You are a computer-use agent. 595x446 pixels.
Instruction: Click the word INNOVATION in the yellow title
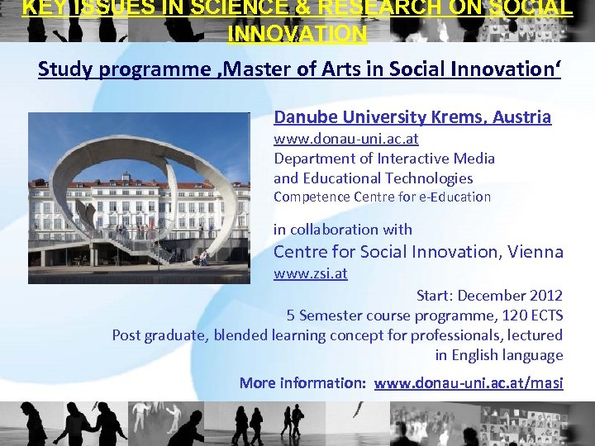[x=297, y=35]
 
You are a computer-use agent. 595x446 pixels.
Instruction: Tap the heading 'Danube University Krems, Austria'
[x=412, y=117]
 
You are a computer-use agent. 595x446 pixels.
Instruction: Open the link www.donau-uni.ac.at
[x=345, y=138]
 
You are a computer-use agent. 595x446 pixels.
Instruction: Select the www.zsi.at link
[x=310, y=273]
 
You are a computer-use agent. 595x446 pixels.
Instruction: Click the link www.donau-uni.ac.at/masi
[x=469, y=383]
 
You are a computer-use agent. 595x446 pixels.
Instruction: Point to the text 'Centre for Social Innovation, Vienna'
[x=418, y=252]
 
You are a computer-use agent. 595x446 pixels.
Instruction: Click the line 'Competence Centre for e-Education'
[x=382, y=197]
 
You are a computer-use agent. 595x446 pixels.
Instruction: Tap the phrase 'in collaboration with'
[x=342, y=230]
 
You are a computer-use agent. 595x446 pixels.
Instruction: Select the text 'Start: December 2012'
[x=489, y=296]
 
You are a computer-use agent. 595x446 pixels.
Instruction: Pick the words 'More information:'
[x=302, y=383]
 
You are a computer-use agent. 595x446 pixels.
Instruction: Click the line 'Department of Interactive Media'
[x=384, y=158]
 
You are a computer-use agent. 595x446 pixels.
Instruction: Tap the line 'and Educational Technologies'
[x=374, y=178]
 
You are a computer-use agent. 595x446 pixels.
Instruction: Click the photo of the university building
[x=139, y=197]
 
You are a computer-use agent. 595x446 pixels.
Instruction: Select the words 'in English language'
[x=499, y=355]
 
